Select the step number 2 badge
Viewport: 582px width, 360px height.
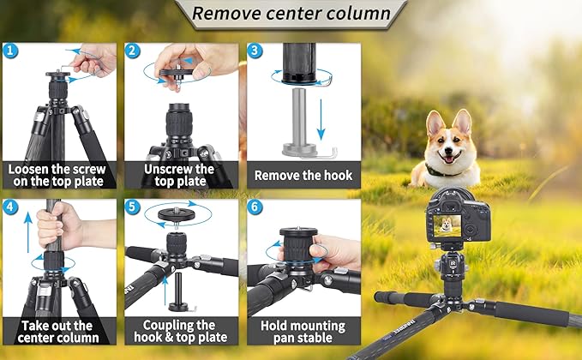point(133,51)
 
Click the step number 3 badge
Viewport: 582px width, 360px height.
point(255,51)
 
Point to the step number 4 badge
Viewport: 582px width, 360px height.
point(9,207)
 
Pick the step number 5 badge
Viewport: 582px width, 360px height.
point(133,207)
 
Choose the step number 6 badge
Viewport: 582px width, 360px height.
point(255,207)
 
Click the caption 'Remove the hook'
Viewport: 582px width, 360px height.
point(303,175)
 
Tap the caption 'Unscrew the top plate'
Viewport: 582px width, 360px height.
point(180,175)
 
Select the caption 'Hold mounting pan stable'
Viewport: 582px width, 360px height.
point(303,332)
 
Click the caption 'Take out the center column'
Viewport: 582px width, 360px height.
point(58,332)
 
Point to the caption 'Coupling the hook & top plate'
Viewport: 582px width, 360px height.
point(180,332)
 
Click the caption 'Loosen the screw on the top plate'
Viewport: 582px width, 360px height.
point(58,175)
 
